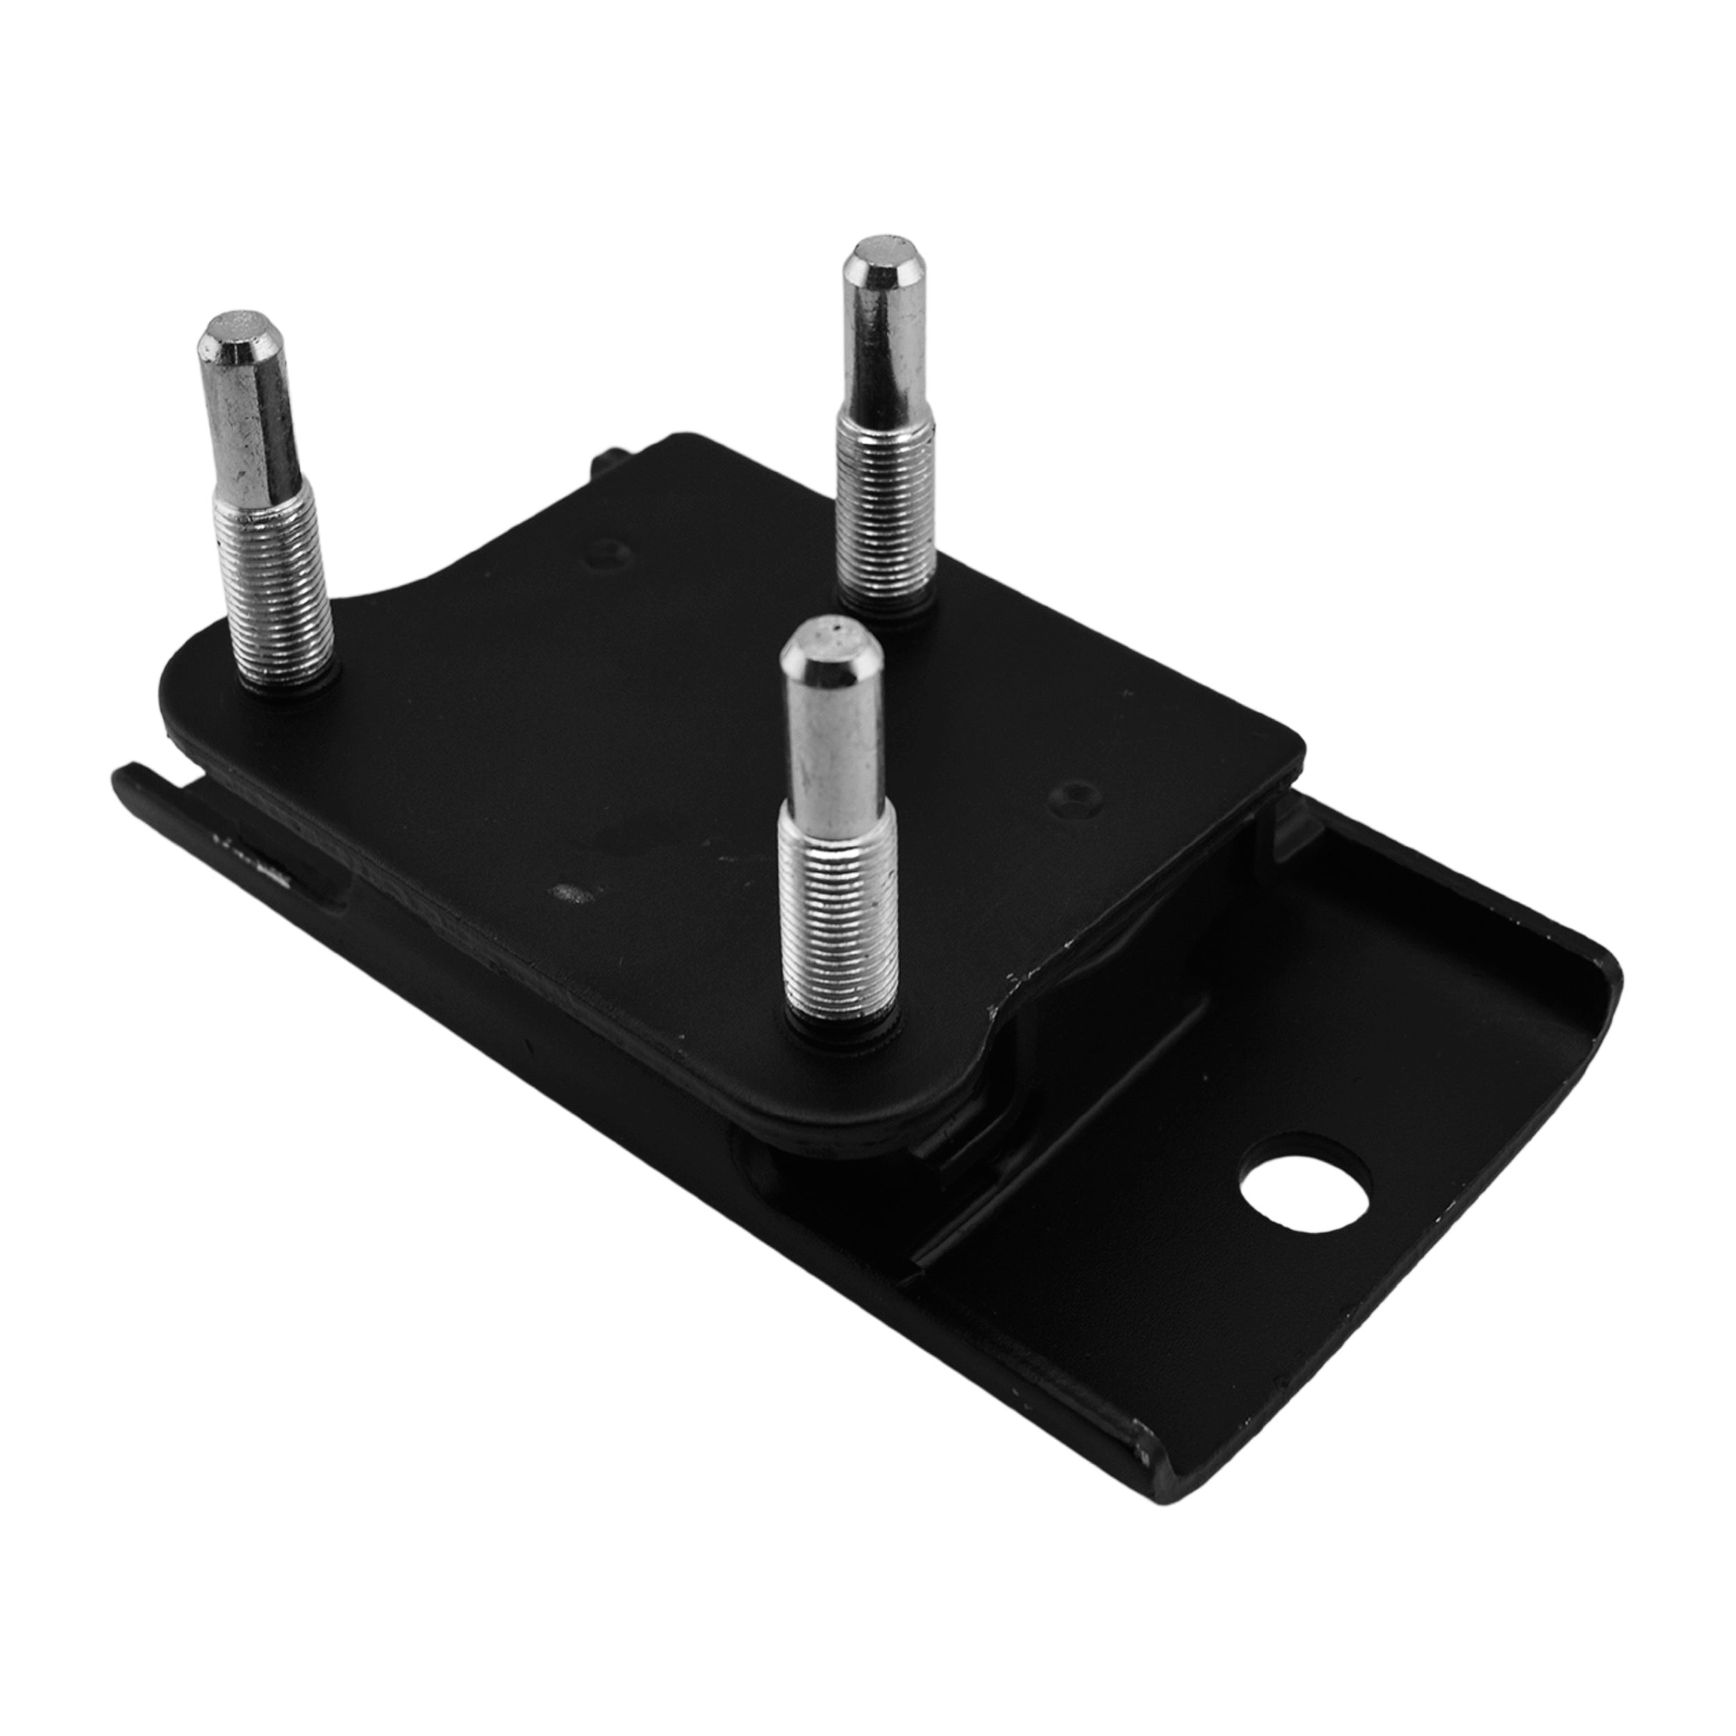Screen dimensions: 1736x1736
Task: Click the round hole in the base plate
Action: click(1305, 1183)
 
